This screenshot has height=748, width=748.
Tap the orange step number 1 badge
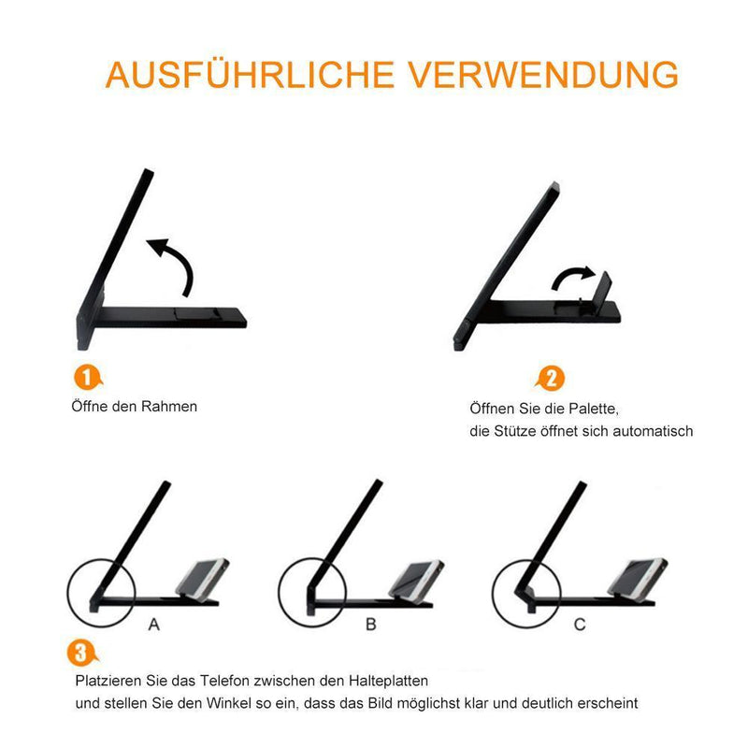(87, 378)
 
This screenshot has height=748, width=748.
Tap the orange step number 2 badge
(551, 379)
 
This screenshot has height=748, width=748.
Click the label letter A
(152, 624)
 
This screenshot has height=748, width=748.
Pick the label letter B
(370, 624)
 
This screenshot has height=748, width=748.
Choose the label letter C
(580, 624)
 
